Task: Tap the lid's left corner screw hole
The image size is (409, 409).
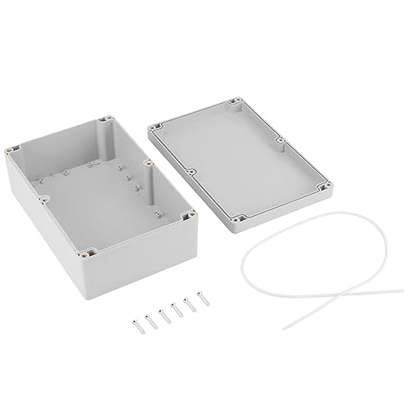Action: [x=153, y=128]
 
